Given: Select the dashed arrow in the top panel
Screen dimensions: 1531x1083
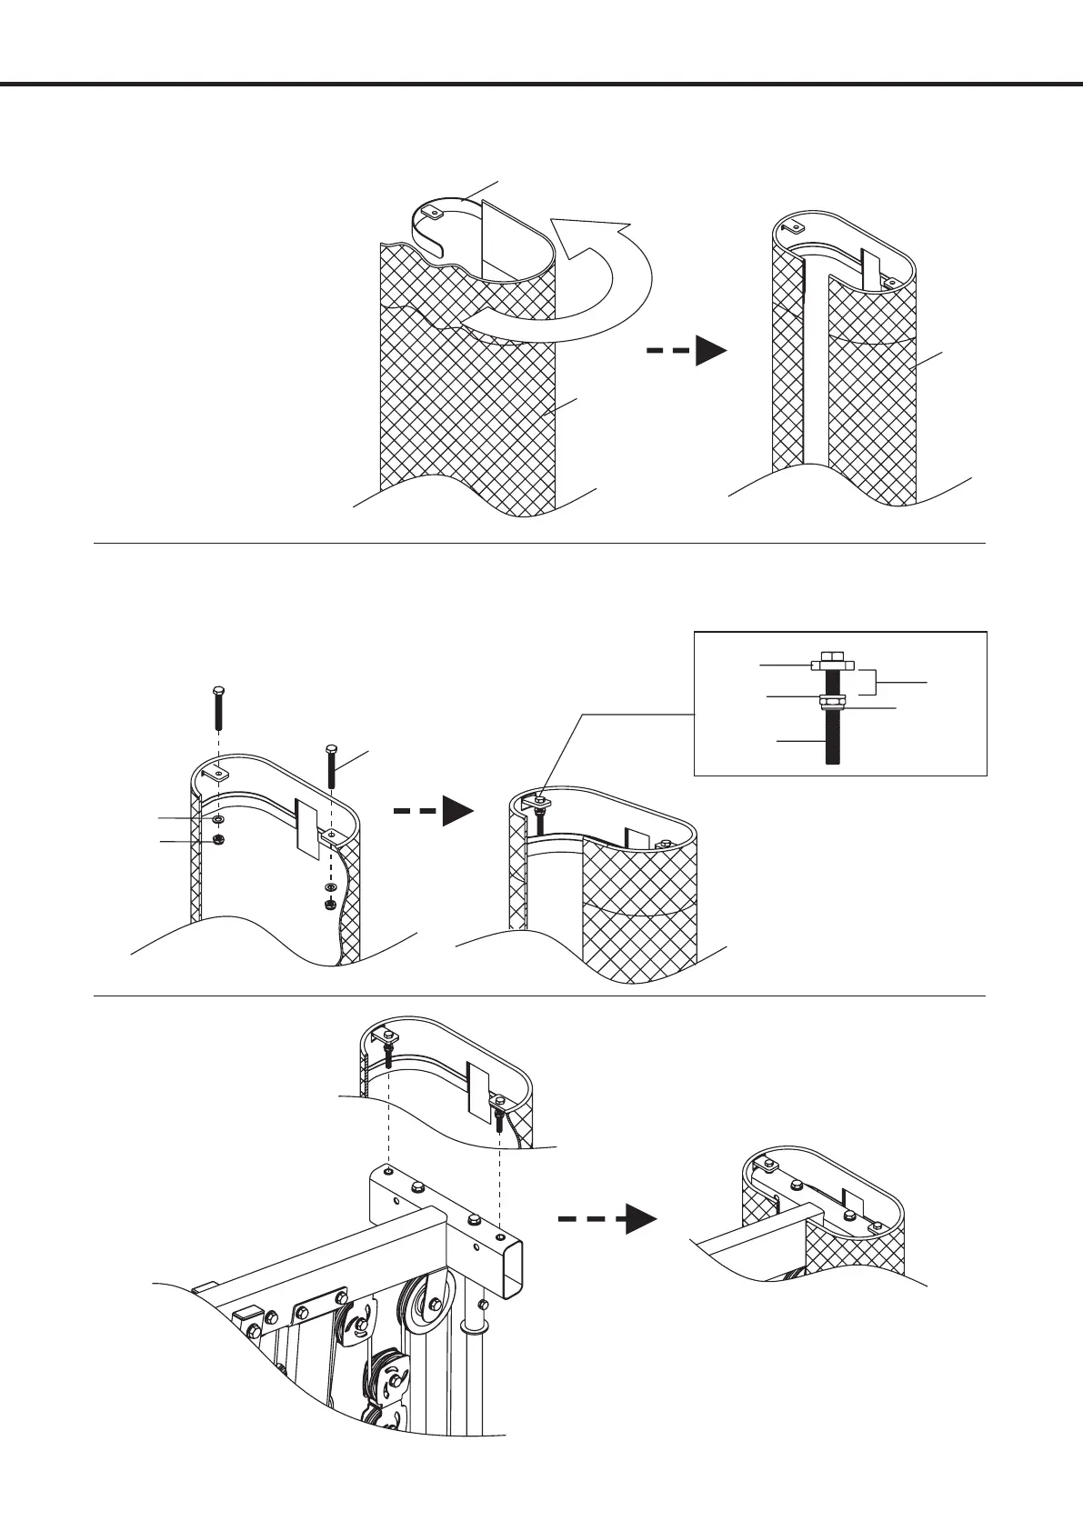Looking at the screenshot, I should (687, 350).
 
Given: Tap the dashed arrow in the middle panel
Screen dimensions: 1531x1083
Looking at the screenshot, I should (434, 809).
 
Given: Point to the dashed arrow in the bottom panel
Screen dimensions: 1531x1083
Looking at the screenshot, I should (607, 1220).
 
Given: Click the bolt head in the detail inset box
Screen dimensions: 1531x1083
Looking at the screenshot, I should (830, 659).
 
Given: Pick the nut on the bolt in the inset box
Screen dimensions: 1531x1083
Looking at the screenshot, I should (830, 701).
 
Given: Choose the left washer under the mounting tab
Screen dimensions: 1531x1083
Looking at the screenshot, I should (218, 821).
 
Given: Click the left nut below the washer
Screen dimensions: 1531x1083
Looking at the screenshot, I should (218, 840).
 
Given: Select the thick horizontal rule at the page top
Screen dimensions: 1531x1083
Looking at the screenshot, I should (541, 85).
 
